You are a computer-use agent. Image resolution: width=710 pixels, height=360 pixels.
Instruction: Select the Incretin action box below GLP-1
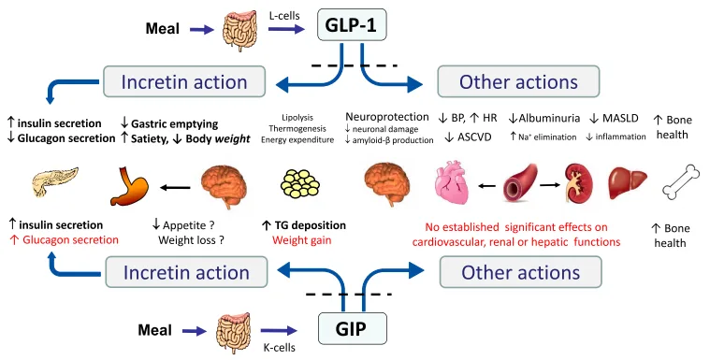pos(176,81)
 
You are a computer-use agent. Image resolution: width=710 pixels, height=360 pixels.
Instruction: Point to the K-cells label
pos(285,345)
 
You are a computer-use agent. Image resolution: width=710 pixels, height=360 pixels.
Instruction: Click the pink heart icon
pos(460,183)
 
